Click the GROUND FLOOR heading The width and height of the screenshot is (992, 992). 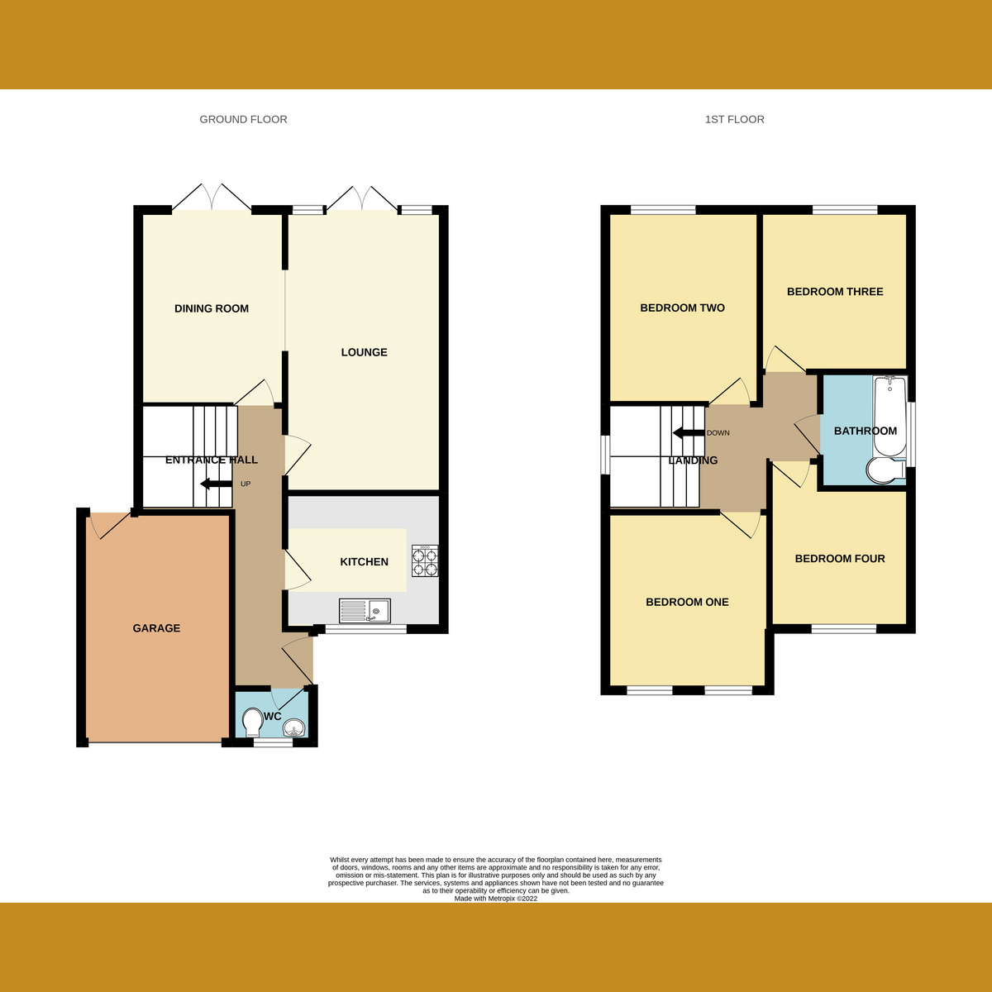click(243, 119)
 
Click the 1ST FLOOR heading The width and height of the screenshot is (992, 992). click(734, 119)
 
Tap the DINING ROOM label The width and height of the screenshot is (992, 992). click(212, 308)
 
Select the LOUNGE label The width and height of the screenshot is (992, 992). click(364, 352)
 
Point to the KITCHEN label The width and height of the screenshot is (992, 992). click(364, 562)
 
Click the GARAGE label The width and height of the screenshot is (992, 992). click(156, 628)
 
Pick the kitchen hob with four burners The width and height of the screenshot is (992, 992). click(425, 561)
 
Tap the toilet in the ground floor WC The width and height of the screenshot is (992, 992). click(252, 724)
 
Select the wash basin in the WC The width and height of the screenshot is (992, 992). click(294, 728)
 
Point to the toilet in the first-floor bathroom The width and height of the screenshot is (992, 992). click(885, 471)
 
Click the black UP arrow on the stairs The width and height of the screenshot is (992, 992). click(216, 484)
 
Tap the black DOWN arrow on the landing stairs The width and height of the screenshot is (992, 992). click(688, 432)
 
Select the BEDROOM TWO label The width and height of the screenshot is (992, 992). click(682, 308)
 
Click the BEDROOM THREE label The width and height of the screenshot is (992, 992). click(835, 292)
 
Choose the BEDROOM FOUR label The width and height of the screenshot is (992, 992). click(840, 559)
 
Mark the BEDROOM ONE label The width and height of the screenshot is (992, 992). click(687, 603)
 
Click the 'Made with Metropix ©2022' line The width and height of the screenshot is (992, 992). click(496, 899)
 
